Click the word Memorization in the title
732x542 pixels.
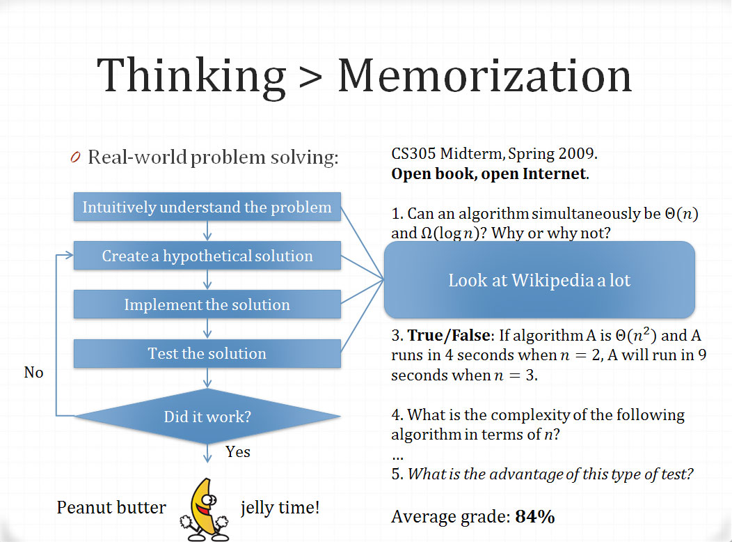coord(484,75)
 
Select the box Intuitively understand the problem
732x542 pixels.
coord(207,206)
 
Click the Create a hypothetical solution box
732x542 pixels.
coord(207,256)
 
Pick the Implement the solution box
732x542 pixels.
coord(207,304)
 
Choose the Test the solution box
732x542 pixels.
coord(207,353)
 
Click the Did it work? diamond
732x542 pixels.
coord(207,416)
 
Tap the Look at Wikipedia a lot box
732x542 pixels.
coord(539,280)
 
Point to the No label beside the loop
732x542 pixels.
coord(33,373)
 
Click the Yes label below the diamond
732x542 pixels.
coord(237,452)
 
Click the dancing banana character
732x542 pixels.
coord(205,509)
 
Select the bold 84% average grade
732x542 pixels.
coord(535,517)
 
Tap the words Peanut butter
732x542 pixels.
coord(111,507)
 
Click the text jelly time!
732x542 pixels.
coord(280,508)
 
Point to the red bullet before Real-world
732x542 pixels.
coord(75,157)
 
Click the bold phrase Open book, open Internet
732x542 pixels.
coord(488,173)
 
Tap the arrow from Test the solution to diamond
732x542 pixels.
coord(207,378)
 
